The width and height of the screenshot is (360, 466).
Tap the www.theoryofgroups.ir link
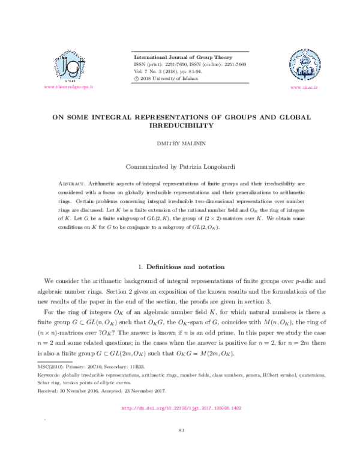pos(69,88)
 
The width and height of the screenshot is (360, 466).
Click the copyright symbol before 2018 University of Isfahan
pos(136,79)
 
